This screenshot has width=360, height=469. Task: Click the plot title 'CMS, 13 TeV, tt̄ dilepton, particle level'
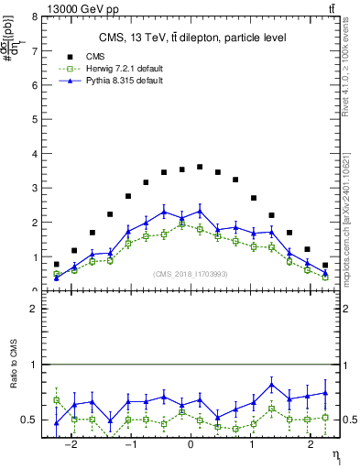click(x=192, y=38)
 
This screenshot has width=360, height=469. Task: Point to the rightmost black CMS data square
click(x=325, y=265)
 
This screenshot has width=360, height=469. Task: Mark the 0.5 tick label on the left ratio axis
click(x=29, y=420)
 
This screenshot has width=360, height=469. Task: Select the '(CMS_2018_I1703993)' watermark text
click(x=191, y=275)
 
